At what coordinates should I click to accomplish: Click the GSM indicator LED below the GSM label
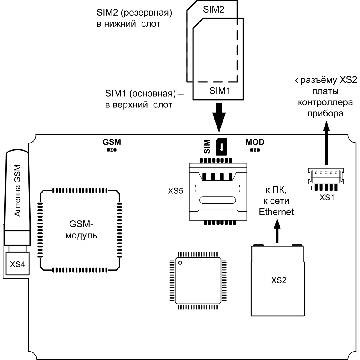pos(112,150)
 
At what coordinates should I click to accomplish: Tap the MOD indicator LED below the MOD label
pos(255,150)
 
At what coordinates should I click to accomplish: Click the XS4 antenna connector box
pos(18,264)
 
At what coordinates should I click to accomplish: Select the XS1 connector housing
pos(326,176)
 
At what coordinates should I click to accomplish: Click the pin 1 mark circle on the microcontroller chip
pos(180,262)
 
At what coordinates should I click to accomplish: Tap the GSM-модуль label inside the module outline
pos(81,230)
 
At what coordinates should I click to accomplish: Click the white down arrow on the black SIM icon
pos(222,148)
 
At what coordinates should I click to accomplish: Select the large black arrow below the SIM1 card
pos(219,118)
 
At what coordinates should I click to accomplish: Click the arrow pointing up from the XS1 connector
pos(326,143)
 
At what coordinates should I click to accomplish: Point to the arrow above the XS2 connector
pos(277,231)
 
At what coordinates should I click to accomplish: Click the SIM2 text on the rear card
pos(214,9)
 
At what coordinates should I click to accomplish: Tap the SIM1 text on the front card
pos(220,91)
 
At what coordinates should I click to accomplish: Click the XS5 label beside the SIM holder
pos(175,191)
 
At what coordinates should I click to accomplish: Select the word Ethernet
pos(276,212)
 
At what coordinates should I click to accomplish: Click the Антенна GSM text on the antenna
pos(17,190)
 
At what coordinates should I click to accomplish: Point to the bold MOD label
pos(255,142)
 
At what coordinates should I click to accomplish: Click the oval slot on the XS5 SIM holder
pos(217,200)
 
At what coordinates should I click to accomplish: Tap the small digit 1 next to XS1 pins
pos(311,188)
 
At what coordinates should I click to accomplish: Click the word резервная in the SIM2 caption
pos(146,13)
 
